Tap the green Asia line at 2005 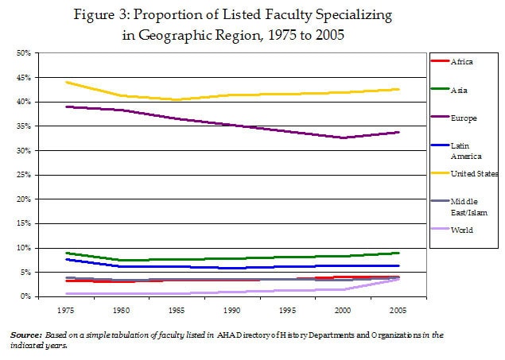pos(398,253)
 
